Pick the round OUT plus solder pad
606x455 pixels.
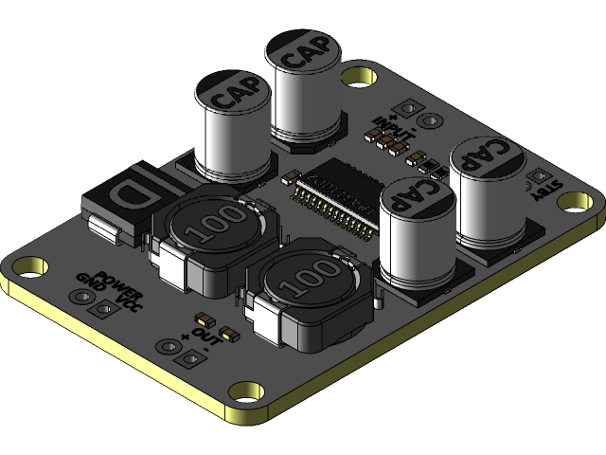point(170,345)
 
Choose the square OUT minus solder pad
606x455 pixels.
point(191,358)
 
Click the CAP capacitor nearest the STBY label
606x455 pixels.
point(487,190)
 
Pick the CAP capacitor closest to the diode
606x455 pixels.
point(234,128)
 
